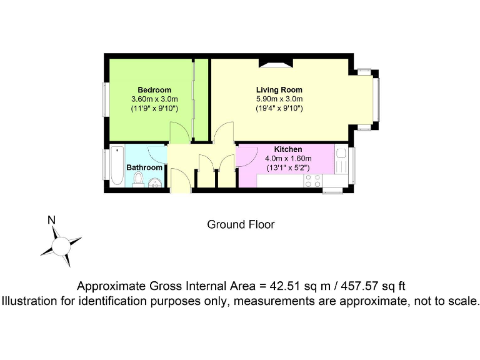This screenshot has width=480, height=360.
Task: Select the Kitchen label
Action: point(288,149)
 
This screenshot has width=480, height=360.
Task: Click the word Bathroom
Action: point(144,167)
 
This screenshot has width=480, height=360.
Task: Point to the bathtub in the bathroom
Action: point(117,166)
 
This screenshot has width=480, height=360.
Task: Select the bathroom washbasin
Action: point(156,182)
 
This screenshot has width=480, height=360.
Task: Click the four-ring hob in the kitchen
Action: point(312,181)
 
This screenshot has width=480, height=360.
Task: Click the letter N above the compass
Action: point(52,219)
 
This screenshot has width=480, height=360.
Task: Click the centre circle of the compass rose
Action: point(61,246)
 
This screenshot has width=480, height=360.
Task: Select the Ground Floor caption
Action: point(241,224)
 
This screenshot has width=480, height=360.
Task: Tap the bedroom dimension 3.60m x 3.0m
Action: point(154,99)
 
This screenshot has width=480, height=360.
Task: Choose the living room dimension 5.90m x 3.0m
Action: point(279,99)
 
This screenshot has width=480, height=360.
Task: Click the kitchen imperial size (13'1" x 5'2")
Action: point(288,167)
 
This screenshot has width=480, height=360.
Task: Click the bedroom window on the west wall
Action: point(104,98)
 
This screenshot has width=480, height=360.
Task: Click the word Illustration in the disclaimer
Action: point(30,301)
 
